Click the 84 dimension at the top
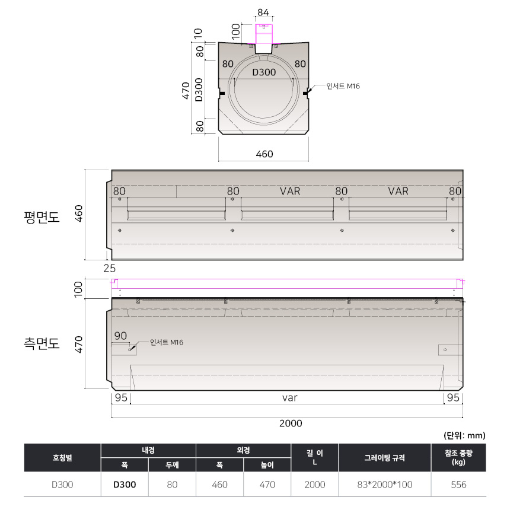[263, 12]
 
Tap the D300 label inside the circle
[264, 72]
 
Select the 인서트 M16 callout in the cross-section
[343, 86]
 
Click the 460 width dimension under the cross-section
[264, 154]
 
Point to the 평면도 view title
[42, 217]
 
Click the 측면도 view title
[42, 343]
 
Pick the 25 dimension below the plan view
[110, 268]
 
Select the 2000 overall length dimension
[291, 423]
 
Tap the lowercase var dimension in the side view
[290, 398]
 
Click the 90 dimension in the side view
[120, 336]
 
